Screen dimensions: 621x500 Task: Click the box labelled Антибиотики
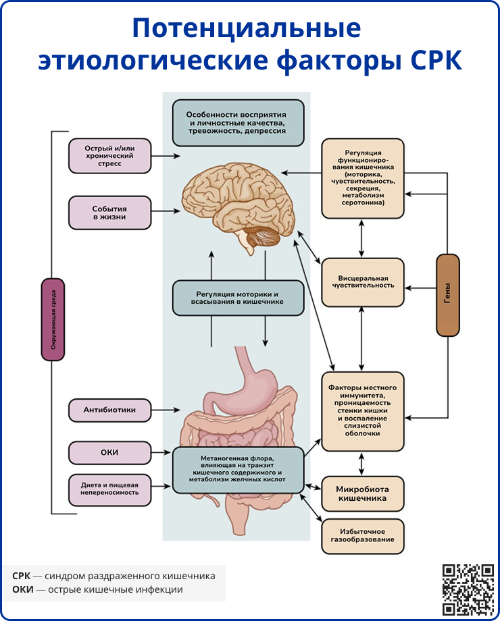coord(109,410)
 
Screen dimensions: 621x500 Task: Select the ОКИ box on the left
coord(109,452)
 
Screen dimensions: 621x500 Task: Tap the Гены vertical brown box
coord(448,294)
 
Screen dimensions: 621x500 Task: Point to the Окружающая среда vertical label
coord(53,319)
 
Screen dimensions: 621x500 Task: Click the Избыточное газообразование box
coord(362,536)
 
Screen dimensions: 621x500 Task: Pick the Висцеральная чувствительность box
coord(362,280)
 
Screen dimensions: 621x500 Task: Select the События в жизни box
coord(109,213)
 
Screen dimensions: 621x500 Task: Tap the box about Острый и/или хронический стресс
coord(109,156)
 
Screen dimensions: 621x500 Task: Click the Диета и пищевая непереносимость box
coord(109,489)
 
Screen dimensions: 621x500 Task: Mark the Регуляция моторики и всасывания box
coord(239,298)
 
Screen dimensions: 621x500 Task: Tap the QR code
coord(468,589)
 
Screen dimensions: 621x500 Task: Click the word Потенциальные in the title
coord(246,29)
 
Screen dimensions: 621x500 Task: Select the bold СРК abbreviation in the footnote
coord(21,576)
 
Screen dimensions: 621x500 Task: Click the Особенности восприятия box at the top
coord(238,123)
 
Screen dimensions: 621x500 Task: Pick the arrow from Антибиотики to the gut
coord(166,410)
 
